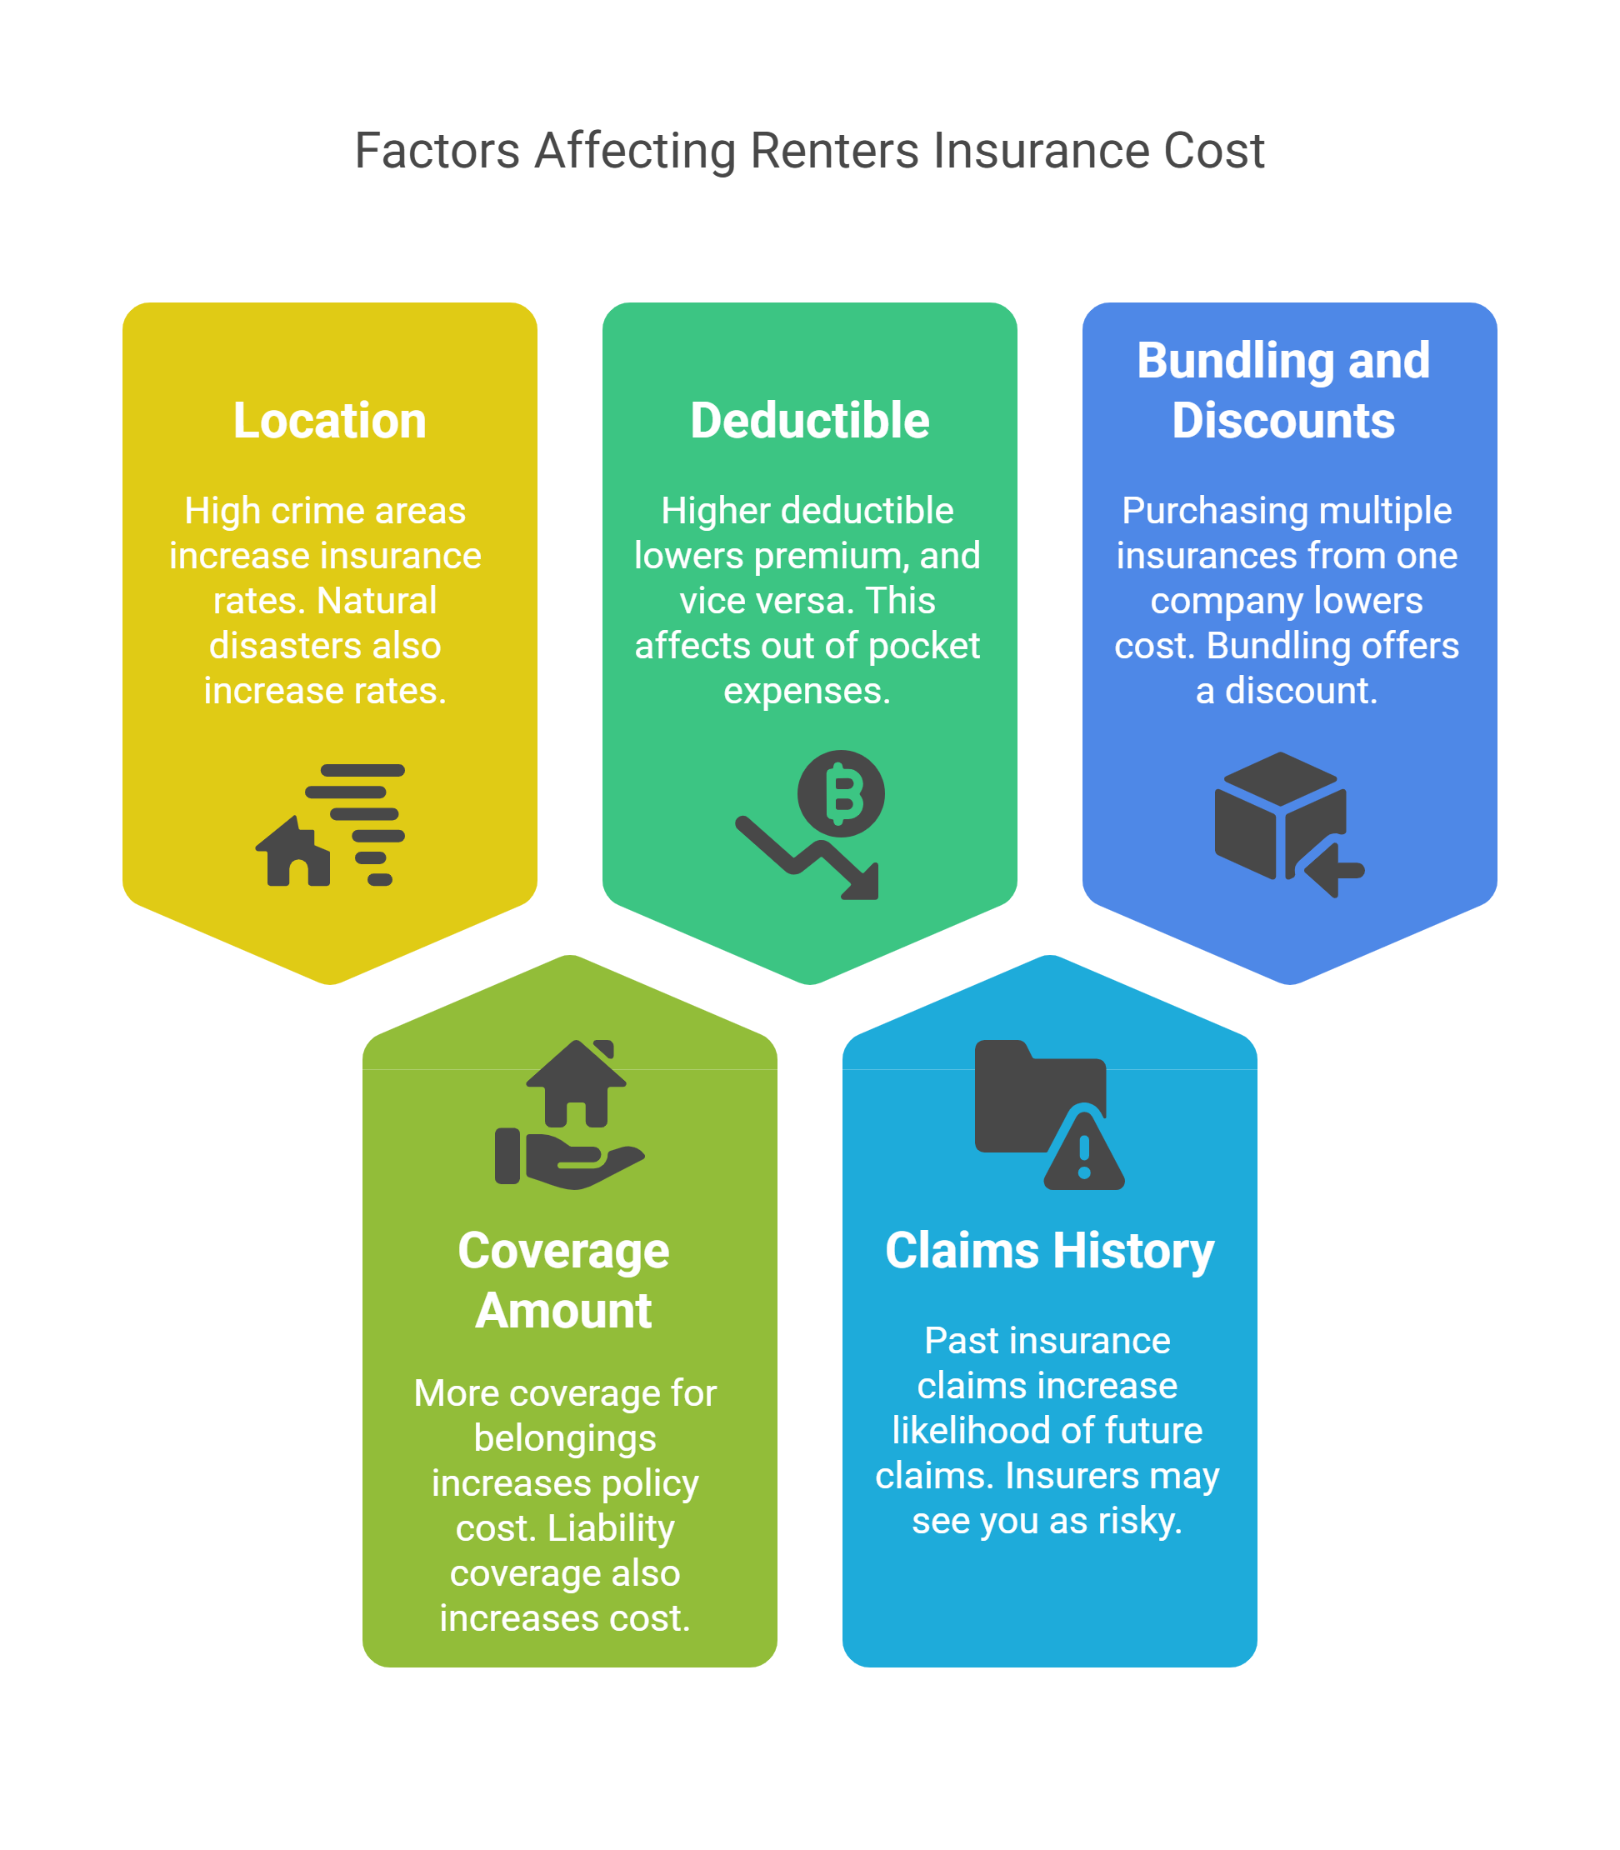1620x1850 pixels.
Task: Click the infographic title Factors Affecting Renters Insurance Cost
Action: (809, 151)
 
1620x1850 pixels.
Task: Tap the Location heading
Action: (330, 422)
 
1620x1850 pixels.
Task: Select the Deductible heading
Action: (809, 422)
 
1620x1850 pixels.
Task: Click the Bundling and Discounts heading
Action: (1282, 391)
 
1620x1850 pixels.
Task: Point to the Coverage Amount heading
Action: (564, 1280)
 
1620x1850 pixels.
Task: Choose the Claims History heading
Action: (1048, 1252)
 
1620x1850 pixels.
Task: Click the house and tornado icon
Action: (330, 825)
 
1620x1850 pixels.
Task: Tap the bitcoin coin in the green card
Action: (841, 794)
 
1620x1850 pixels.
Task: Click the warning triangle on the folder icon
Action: (1084, 1150)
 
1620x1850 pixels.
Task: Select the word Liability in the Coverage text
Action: (611, 1529)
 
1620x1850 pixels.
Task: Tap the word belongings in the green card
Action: (565, 1438)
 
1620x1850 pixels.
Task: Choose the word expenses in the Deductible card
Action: (807, 692)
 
